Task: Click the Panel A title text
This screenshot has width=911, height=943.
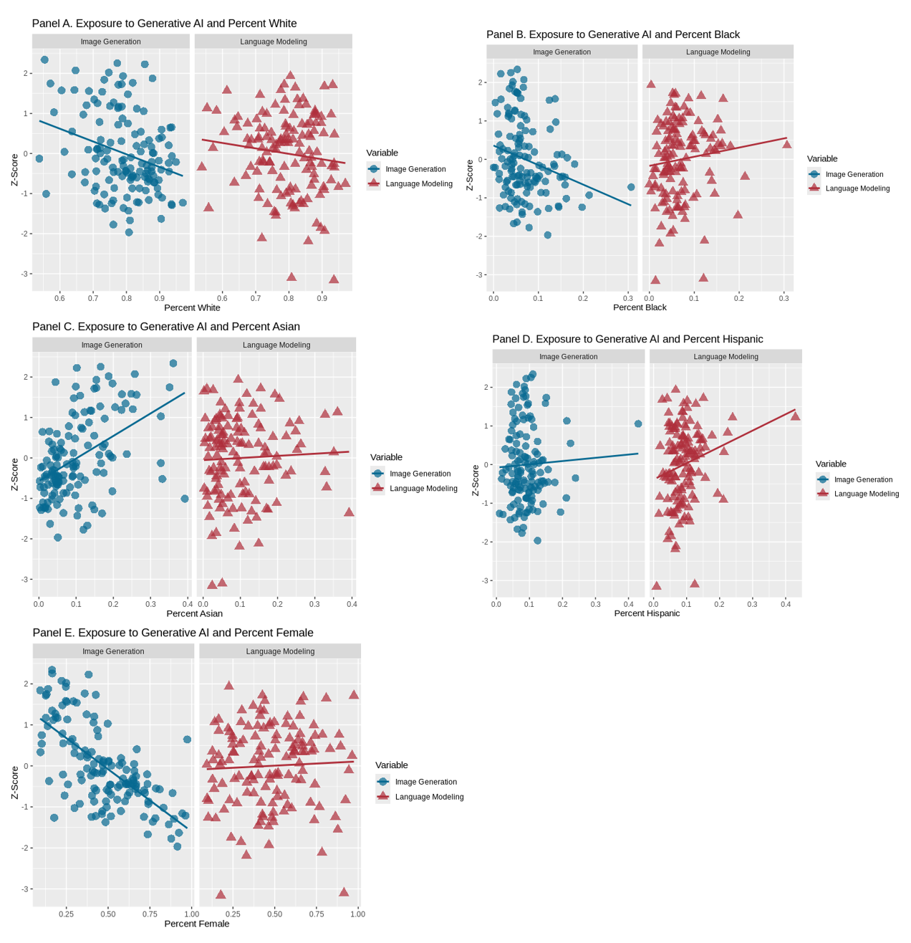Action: coord(164,24)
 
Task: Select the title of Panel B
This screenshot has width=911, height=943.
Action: coord(612,34)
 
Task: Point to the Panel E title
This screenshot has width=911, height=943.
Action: coord(173,633)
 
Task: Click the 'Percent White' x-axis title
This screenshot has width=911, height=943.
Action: coord(192,308)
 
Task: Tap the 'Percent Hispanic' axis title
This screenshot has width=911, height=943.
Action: coord(647,613)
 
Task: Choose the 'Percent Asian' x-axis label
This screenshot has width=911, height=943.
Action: coord(194,613)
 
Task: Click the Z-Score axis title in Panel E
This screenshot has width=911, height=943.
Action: coord(15,783)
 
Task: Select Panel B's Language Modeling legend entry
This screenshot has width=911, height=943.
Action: coord(857,188)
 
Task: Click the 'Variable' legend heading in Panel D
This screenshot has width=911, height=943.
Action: coord(831,464)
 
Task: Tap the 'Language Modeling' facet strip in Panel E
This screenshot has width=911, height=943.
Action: coord(280,651)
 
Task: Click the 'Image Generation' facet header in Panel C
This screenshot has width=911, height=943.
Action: coord(112,345)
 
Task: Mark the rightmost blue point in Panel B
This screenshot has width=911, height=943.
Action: coord(631,187)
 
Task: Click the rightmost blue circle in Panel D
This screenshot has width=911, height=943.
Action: coord(638,423)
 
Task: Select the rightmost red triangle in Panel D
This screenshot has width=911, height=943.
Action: coord(795,416)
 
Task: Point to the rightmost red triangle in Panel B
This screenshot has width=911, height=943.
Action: coord(787,144)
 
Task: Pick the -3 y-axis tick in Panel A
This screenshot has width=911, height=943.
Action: coord(26,274)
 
